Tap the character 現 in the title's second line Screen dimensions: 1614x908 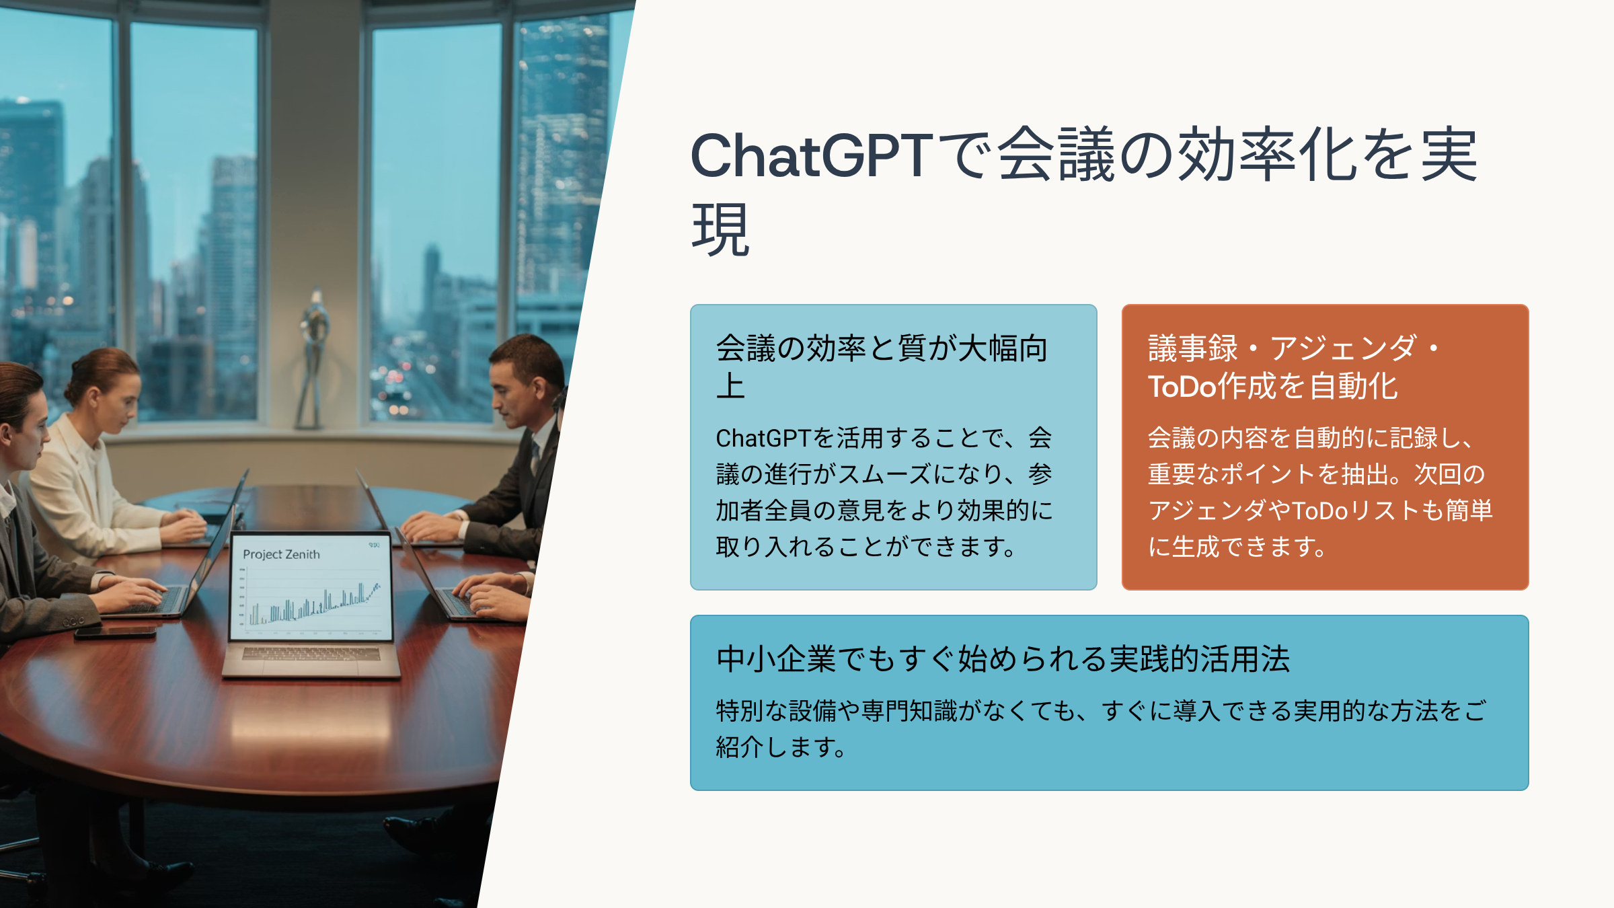click(x=720, y=229)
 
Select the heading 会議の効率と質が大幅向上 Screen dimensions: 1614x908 click(x=882, y=367)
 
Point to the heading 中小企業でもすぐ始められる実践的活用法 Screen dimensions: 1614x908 click(x=1003, y=658)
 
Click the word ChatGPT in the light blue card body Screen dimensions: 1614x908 click(x=763, y=439)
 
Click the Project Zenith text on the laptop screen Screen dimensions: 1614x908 click(x=281, y=554)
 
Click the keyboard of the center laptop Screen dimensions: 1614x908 click(x=311, y=654)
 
